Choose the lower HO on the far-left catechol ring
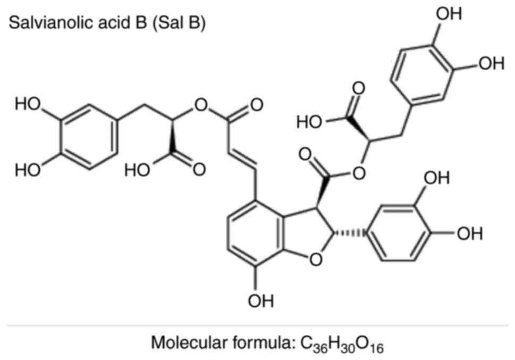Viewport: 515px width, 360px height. pyautogui.click(x=28, y=170)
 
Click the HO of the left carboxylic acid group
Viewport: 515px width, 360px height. pyautogui.click(x=137, y=170)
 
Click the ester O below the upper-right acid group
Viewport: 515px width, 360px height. pyautogui.click(x=360, y=172)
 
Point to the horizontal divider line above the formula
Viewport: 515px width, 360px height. pyautogui.click(x=257, y=324)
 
